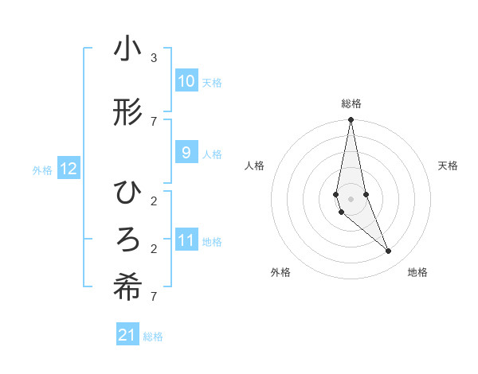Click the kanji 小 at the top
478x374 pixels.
click(127, 49)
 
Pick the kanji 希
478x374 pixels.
click(127, 289)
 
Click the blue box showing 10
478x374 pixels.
click(186, 80)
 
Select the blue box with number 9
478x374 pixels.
click(186, 153)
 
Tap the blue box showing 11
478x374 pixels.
click(186, 240)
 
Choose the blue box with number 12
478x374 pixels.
click(69, 169)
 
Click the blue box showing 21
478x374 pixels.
click(127, 335)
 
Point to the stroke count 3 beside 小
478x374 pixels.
click(154, 58)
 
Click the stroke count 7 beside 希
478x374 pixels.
click(154, 297)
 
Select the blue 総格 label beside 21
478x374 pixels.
click(153, 337)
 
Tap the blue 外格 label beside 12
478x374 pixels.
click(41, 169)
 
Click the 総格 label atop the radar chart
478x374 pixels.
click(351, 103)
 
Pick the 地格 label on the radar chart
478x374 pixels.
click(417, 272)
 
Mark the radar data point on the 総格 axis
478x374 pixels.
click(351, 119)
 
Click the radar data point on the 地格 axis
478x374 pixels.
click(389, 251)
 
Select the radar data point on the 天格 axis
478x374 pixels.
click(366, 194)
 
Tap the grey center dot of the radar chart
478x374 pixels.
click(351, 198)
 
